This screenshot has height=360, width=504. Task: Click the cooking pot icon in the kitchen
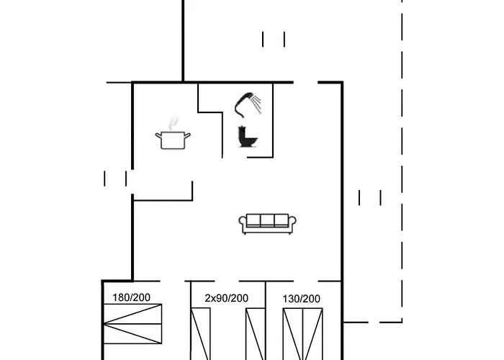[x=173, y=139]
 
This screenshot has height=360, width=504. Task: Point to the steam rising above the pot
[x=172, y=124]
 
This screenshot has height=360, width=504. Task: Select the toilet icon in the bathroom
[x=246, y=137]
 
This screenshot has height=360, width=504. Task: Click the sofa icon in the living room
[x=267, y=223]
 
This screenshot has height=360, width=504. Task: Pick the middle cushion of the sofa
[x=267, y=220]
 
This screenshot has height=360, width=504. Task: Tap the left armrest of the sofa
[x=243, y=224]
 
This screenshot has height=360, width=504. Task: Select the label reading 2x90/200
[x=226, y=298]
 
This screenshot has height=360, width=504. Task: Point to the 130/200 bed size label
[x=302, y=298]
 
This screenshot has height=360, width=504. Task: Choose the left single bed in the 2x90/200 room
[x=200, y=333]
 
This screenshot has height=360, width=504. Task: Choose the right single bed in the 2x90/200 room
[x=255, y=333]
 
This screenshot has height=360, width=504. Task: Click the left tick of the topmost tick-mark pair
[x=264, y=39]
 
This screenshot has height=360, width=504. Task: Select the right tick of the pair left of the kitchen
[x=126, y=178]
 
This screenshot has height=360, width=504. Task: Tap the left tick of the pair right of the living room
[x=359, y=197]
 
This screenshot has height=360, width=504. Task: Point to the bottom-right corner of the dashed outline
[x=401, y=322]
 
